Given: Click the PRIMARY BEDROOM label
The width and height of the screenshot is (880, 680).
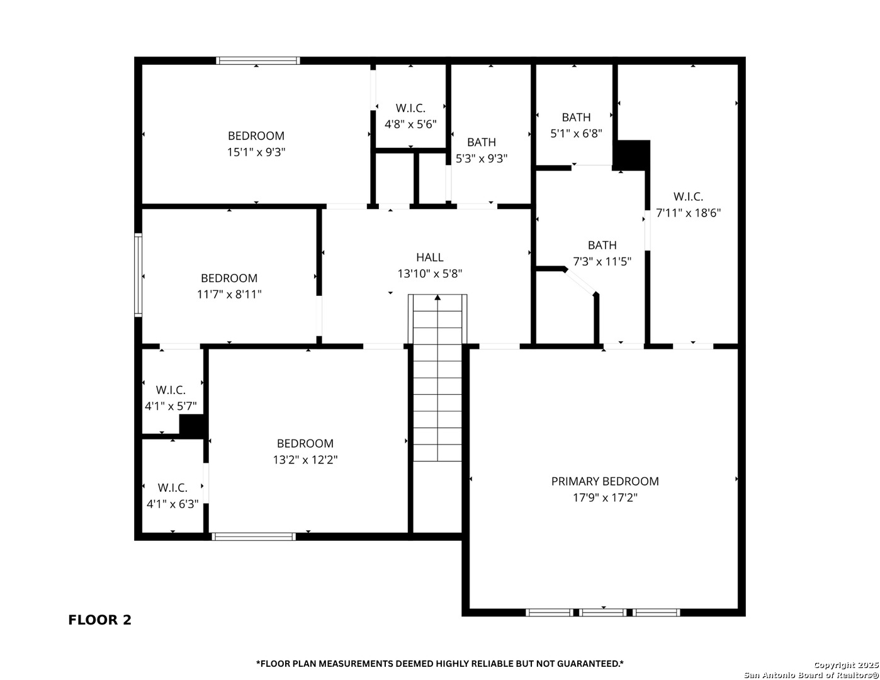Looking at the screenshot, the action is click(x=605, y=481).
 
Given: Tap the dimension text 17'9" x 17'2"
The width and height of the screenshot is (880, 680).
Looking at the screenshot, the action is click(x=605, y=497).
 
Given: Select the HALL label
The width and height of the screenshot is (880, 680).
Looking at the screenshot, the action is click(x=430, y=257).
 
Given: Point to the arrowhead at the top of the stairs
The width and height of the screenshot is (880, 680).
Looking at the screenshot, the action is click(x=437, y=298).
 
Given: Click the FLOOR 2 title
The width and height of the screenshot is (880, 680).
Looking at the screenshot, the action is click(x=99, y=620).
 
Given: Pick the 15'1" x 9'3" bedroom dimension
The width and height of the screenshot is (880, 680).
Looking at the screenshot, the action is click(x=256, y=152).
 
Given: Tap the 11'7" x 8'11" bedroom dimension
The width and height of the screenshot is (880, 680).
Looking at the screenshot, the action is click(x=229, y=295).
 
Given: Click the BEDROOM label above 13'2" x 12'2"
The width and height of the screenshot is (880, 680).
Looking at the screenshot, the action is click(x=305, y=443).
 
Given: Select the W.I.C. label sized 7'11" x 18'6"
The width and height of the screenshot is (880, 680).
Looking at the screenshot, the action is click(x=688, y=197).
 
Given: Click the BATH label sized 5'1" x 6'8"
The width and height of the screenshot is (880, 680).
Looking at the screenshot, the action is click(x=576, y=118).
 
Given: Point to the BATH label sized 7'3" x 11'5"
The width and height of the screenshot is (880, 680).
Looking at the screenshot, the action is click(x=602, y=246).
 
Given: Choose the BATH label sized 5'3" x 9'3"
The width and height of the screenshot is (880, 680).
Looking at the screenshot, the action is click(x=481, y=142).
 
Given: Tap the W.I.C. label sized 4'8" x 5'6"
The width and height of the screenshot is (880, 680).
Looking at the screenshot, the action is click(x=410, y=108).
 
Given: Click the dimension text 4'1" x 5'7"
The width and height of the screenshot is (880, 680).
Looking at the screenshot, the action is click(x=171, y=406).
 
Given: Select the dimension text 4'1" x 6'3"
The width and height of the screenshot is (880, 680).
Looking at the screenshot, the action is click(x=172, y=504).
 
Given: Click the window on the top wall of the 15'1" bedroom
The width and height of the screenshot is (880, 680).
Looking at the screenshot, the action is click(x=257, y=60).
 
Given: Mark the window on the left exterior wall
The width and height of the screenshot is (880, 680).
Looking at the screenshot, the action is click(x=138, y=275).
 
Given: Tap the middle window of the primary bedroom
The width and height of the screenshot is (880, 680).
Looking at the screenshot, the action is click(x=602, y=613).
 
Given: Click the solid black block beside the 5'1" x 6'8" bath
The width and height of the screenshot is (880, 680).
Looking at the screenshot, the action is click(x=631, y=155).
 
